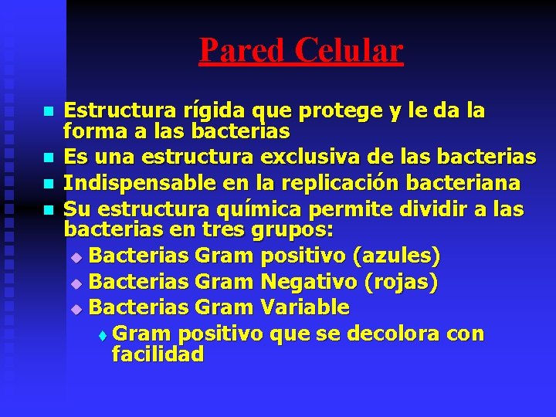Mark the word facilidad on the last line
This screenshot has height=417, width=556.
point(158,354)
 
